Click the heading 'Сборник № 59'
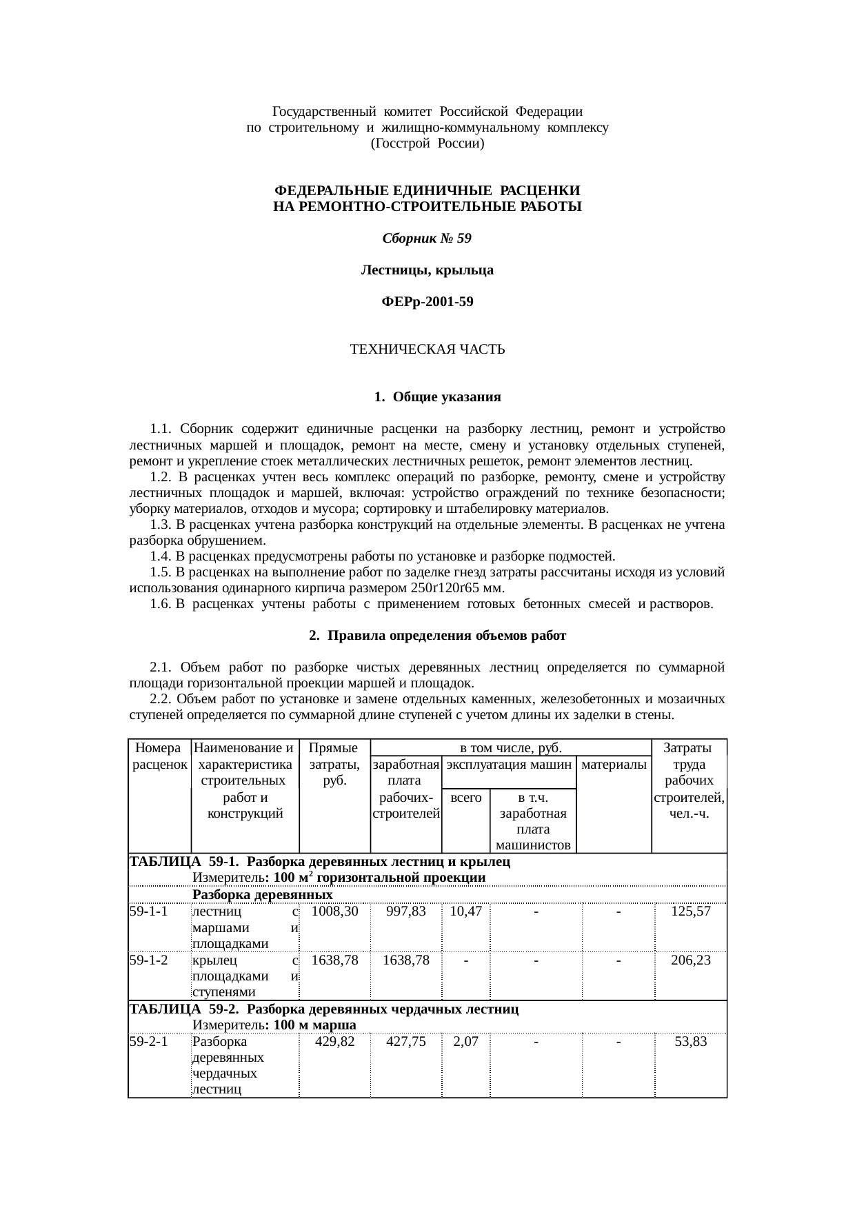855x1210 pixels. [427, 239]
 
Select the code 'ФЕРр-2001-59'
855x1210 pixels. [427, 302]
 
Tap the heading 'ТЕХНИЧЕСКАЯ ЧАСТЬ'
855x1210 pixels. [427, 350]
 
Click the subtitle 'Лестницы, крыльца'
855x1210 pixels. [427, 270]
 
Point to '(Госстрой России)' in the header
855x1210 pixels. [427, 143]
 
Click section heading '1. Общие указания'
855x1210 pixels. [437, 397]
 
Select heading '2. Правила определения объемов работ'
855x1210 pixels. [437, 636]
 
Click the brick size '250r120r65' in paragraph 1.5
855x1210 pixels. [445, 588]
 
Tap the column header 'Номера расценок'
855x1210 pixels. [159, 756]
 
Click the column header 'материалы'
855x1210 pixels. [614, 764]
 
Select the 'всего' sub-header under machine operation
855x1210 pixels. [465, 798]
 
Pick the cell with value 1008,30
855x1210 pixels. [334, 911]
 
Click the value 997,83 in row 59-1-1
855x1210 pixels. [405, 911]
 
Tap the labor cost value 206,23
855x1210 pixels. [690, 960]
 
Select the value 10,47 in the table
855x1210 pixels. [465, 911]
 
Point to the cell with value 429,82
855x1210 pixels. [334, 1041]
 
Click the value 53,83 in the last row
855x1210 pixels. [690, 1041]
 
